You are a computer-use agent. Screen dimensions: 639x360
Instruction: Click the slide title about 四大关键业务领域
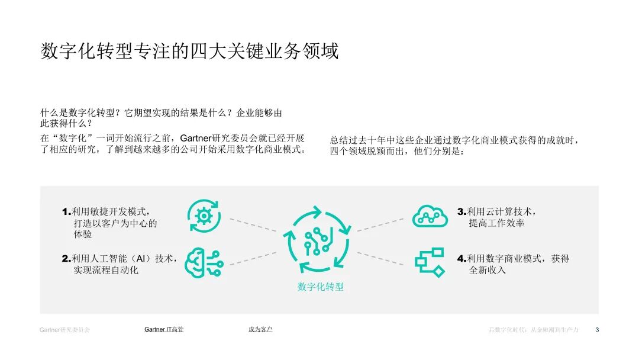[x=189, y=52]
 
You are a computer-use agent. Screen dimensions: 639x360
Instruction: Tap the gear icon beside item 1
[x=203, y=216]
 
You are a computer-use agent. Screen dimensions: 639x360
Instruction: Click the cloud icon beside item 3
[x=430, y=216]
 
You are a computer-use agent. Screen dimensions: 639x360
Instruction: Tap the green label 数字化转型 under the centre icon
[x=320, y=287]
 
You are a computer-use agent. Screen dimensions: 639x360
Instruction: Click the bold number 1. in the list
[x=66, y=211]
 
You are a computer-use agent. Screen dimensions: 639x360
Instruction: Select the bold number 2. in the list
[x=66, y=259]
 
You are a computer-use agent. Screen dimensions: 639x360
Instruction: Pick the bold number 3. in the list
[x=462, y=211]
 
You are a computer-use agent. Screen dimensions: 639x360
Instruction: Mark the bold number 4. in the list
[x=462, y=259]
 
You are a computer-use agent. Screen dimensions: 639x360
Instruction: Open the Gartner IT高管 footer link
[x=164, y=329]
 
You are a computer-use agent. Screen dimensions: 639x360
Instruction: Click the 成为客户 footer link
[x=260, y=329]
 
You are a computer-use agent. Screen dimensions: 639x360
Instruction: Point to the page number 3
[x=597, y=330]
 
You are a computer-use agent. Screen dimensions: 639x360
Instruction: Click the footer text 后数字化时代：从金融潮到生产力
[x=533, y=330]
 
